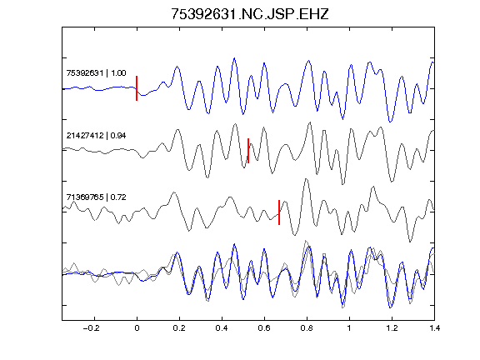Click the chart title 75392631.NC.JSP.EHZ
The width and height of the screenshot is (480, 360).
[x=250, y=14]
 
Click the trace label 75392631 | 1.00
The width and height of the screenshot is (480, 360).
[x=96, y=73]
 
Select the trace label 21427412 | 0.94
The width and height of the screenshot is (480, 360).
[x=96, y=136]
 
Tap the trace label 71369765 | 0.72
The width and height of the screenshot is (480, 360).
[x=96, y=197]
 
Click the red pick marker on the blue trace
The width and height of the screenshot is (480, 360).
[x=137, y=88]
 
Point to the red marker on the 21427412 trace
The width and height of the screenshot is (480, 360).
[x=248, y=151]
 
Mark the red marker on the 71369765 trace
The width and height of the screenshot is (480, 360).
[x=279, y=212]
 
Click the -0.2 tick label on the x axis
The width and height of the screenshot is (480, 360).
[x=91, y=328]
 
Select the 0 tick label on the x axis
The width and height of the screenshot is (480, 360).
[x=137, y=328]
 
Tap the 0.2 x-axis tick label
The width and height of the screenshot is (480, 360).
[x=179, y=328]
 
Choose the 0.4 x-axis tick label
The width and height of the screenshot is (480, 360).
[x=222, y=328]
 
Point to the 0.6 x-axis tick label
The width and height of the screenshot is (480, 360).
[x=264, y=328]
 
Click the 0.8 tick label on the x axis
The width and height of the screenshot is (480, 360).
[x=307, y=328]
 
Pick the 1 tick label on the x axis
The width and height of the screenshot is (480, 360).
[x=349, y=328]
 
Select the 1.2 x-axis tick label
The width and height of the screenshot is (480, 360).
[x=392, y=328]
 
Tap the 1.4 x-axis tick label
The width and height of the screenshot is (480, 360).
[x=434, y=328]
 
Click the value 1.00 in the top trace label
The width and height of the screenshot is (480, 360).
[x=118, y=73]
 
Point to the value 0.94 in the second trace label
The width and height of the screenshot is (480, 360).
[x=118, y=136]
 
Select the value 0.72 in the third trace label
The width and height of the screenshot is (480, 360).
[x=118, y=197]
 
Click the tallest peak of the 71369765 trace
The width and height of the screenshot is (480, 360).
[x=306, y=179]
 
